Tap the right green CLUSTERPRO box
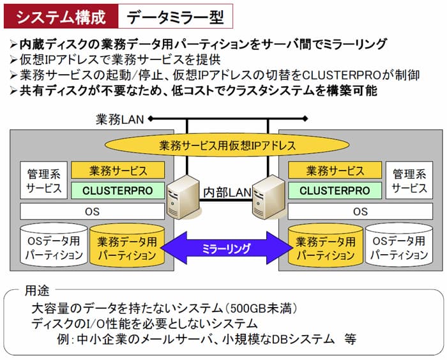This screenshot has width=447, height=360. pos(334,190)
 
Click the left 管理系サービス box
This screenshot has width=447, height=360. pos(44,181)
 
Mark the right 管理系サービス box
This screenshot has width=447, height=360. pos(409,181)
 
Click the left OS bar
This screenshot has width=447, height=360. pos(93,211)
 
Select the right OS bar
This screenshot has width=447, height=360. pos(360,211)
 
